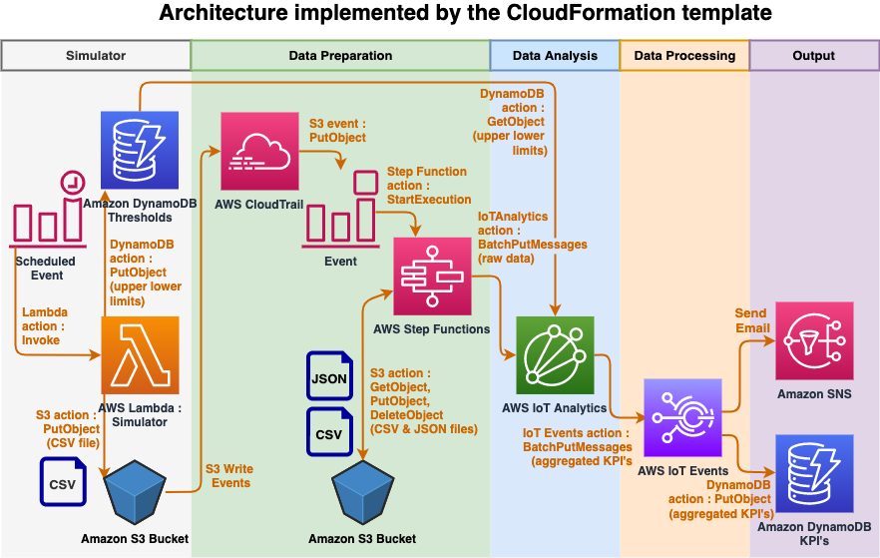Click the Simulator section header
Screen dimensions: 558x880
[x=96, y=56]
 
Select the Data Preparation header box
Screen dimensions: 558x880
[x=340, y=56]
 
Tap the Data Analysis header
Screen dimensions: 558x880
[x=555, y=56]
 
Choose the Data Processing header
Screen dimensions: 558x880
[x=684, y=56]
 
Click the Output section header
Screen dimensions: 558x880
[x=813, y=56]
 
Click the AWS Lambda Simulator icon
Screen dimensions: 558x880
[x=140, y=355]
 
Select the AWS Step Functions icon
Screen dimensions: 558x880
[x=432, y=277]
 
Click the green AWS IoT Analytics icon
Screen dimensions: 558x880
[x=555, y=355]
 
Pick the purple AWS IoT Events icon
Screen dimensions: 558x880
[x=683, y=417]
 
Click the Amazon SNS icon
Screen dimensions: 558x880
[x=814, y=340]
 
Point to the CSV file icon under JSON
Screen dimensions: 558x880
[x=330, y=431]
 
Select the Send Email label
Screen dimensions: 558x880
[x=752, y=320]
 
